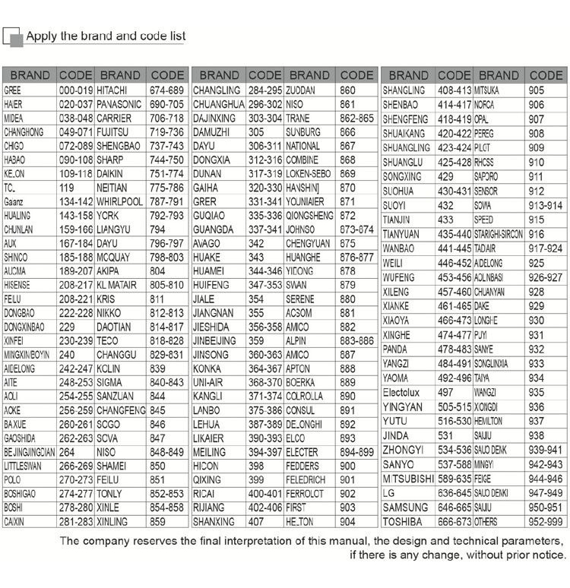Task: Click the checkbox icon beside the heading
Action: tap(11, 36)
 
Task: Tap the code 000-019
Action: tap(75, 90)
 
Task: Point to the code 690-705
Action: tap(167, 104)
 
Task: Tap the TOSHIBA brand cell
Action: tap(407, 522)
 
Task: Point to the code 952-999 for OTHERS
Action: tap(546, 522)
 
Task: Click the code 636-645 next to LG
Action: tap(454, 494)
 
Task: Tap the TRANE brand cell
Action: tap(298, 119)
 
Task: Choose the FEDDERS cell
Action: tap(303, 466)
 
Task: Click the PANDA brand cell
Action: tap(396, 349)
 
